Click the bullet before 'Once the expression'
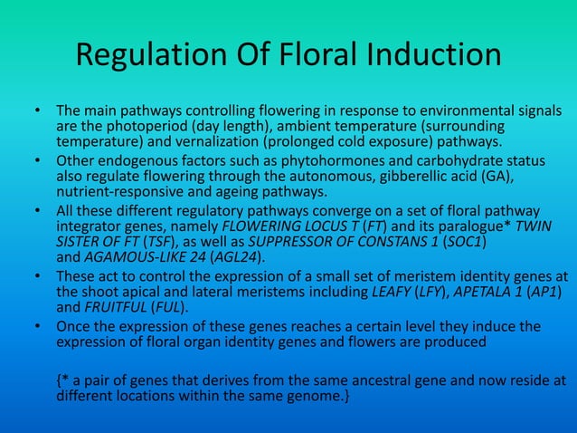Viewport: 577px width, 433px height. [x=39, y=326]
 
